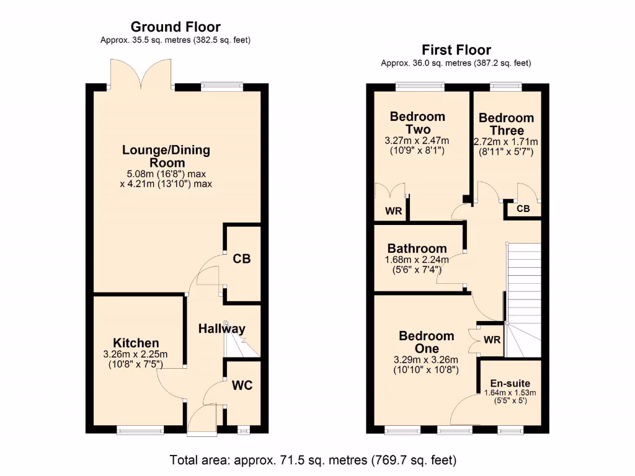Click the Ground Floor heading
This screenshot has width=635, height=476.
coord(175,27)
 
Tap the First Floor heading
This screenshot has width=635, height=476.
coord(456,50)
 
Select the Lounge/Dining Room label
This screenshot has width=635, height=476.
coord(166,156)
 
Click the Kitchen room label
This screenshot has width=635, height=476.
coord(136,343)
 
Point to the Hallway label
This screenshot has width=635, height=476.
coord(221,329)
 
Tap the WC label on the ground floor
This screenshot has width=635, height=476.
coord(242,385)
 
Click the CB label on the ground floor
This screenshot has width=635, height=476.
coord(241,259)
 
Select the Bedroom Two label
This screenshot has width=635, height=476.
coord(417,123)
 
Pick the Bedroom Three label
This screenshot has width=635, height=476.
coord(506,124)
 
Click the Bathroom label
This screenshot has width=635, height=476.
coord(417,249)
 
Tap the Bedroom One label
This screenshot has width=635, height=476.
coord(426,342)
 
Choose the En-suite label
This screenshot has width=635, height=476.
coord(510,383)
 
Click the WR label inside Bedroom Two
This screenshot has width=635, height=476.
coord(394,211)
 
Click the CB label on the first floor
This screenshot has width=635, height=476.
coord(523,209)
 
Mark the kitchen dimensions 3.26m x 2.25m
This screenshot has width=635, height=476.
coord(136,355)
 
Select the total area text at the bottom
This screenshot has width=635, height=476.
coord(313,460)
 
